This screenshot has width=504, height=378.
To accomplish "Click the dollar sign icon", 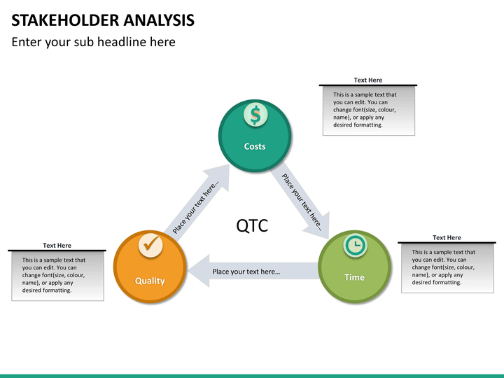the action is click(255, 115).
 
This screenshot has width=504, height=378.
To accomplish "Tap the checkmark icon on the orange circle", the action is click(150, 245).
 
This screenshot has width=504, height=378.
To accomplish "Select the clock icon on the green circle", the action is click(355, 245).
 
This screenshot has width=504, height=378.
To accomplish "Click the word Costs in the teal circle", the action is click(255, 146).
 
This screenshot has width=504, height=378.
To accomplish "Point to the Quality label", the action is click(150, 281).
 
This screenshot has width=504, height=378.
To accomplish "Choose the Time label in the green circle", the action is click(354, 277).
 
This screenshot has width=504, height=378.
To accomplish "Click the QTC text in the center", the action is click(252, 225).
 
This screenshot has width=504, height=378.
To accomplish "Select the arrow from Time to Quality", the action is click(253, 271).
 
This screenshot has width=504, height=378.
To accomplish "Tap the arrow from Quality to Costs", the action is click(197, 203).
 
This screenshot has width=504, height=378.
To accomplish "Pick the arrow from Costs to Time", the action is click(300, 201).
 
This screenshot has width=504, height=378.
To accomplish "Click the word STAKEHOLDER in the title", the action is click(65, 20).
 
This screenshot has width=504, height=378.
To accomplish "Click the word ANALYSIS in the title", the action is click(159, 20).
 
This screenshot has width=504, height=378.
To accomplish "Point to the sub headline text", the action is click(94, 42).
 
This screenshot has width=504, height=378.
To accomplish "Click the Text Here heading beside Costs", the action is click(368, 80).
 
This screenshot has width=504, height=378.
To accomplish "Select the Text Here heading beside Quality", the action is click(57, 245).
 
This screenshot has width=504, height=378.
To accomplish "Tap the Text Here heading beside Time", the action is click(447, 237).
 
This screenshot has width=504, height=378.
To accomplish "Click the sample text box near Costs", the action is click(369, 111).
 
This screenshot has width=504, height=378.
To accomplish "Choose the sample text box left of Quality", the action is click(58, 276).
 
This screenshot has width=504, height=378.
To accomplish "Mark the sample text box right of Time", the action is click(447, 268).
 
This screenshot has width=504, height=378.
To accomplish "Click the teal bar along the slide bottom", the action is click(252, 376).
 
